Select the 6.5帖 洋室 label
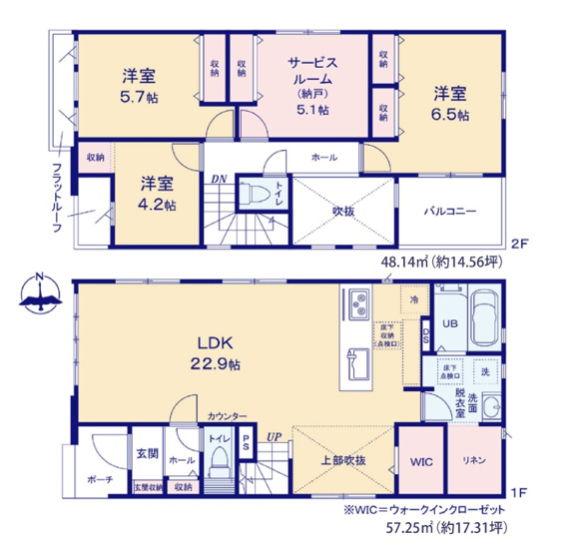tap(450, 104)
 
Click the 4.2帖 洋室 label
tap(158, 194)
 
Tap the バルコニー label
tap(452, 211)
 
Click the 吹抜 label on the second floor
tap(345, 211)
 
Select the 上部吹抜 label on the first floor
tap(342, 460)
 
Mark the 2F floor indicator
tap(518, 243)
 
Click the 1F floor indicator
tap(517, 493)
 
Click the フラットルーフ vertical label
tap(57, 198)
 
